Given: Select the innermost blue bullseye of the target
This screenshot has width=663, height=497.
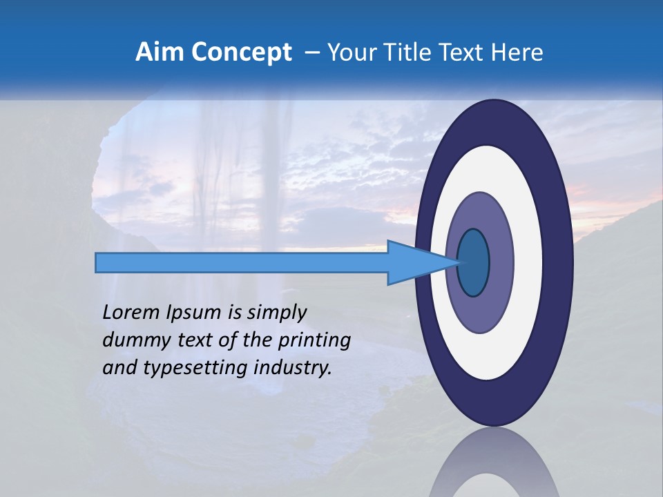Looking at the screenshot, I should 474,262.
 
